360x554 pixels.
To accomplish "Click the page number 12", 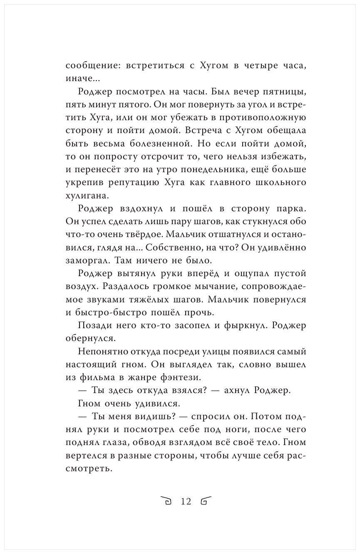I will (186, 501).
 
